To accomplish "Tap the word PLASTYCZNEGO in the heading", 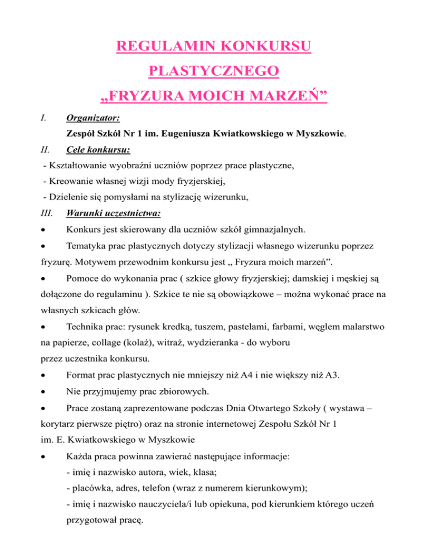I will [x=214, y=72].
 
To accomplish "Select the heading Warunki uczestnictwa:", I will [x=106, y=212].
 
